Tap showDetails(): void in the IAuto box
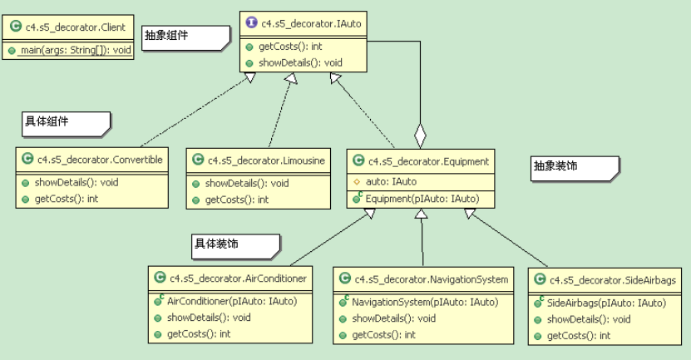tap(300, 62)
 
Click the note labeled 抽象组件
tap(185, 37)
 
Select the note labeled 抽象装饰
tap(575, 167)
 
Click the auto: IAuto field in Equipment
tap(391, 181)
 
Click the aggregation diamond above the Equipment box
tap(422, 132)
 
